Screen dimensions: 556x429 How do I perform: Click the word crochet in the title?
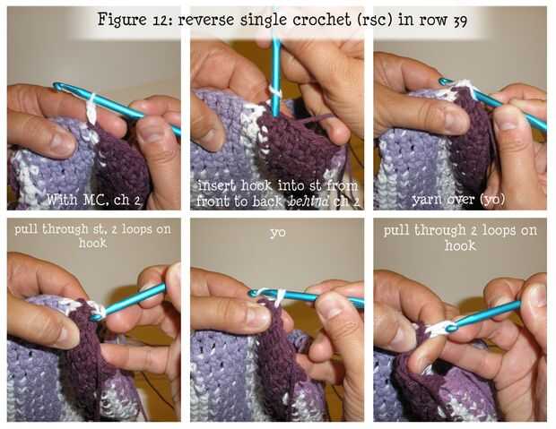[x=322, y=19]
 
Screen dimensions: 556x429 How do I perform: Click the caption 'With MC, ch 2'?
[x=93, y=200]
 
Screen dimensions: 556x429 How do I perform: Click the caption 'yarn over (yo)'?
[x=458, y=200]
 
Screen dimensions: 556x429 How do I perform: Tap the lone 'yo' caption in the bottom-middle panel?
[x=278, y=233]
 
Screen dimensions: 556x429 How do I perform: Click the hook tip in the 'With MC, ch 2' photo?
[x=56, y=85]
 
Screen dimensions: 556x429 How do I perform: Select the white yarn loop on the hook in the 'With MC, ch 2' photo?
[x=91, y=108]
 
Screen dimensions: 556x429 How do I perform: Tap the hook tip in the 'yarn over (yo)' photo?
[x=442, y=82]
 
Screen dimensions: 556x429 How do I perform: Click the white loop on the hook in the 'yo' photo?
[x=280, y=296]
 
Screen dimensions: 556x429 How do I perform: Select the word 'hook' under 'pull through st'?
[x=93, y=244]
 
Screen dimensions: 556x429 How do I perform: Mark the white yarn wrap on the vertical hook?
[x=275, y=92]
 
